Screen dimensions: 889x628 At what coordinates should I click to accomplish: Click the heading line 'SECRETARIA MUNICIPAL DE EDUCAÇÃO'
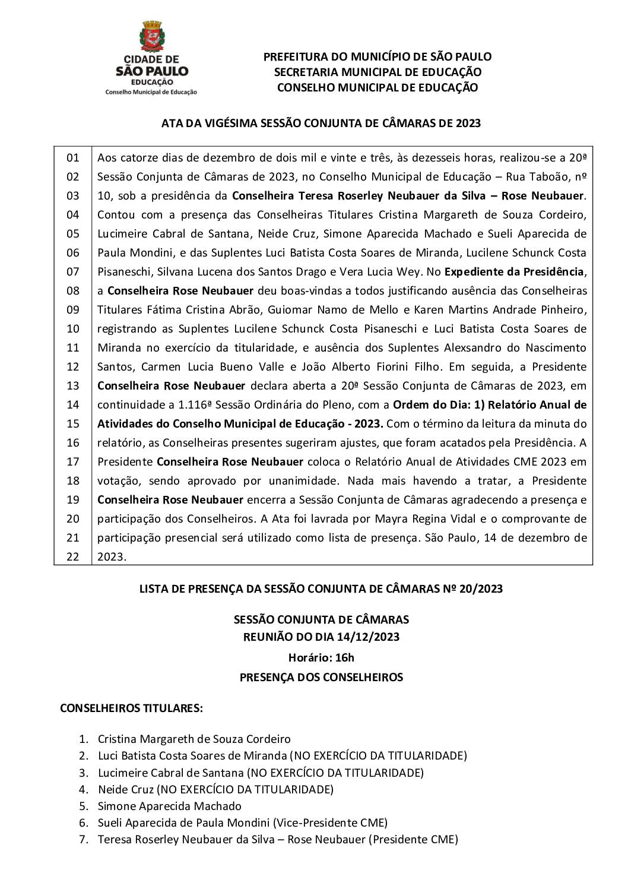pos(378,72)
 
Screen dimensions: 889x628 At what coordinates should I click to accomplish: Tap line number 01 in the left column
pos(72,157)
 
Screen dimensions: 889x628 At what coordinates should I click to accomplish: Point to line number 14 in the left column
pos(72,404)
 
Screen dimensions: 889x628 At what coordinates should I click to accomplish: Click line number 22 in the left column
pos(72,556)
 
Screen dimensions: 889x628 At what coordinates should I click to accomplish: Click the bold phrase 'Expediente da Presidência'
pos(515,271)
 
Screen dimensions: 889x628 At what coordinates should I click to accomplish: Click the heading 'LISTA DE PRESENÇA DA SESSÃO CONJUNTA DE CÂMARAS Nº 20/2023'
pos(321,589)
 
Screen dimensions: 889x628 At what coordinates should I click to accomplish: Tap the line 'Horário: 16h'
pos(321,657)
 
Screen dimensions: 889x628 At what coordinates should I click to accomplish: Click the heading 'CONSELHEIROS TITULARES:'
pos(132,708)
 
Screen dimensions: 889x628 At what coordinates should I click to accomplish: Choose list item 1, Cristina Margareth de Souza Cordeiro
pos(194,739)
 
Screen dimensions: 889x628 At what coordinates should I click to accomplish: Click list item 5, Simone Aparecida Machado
pos(170,806)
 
